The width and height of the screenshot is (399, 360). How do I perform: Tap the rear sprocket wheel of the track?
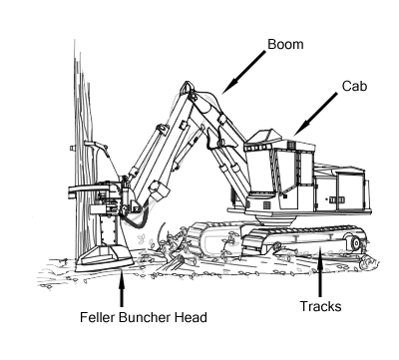pyautogui.click(x=351, y=242)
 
